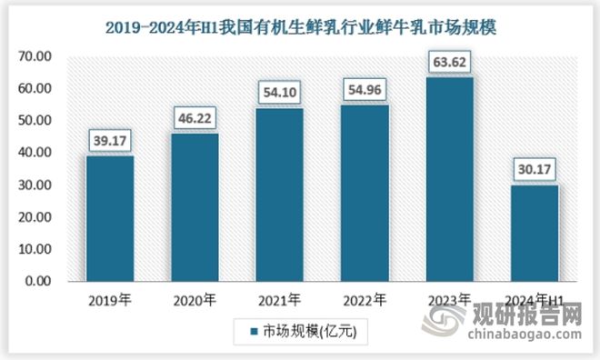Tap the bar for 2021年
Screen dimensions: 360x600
point(280,195)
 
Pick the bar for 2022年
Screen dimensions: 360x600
point(364,193)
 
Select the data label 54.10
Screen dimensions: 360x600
point(280,93)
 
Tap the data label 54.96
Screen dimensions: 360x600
point(364,90)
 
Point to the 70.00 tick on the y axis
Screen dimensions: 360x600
point(37,56)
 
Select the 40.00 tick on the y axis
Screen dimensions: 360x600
point(37,153)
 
